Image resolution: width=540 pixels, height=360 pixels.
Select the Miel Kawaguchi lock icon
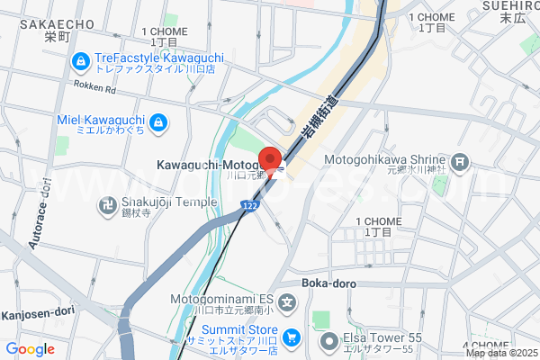point(157,121)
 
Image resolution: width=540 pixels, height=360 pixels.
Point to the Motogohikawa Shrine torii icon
point(461,163)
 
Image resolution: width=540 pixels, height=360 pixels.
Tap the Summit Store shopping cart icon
point(291,337)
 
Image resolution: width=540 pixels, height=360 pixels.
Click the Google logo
point(30,349)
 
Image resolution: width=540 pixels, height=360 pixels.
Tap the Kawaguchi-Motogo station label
point(206,165)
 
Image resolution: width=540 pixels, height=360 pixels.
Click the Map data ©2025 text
point(501,353)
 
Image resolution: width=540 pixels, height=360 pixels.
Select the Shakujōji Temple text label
point(171,202)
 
